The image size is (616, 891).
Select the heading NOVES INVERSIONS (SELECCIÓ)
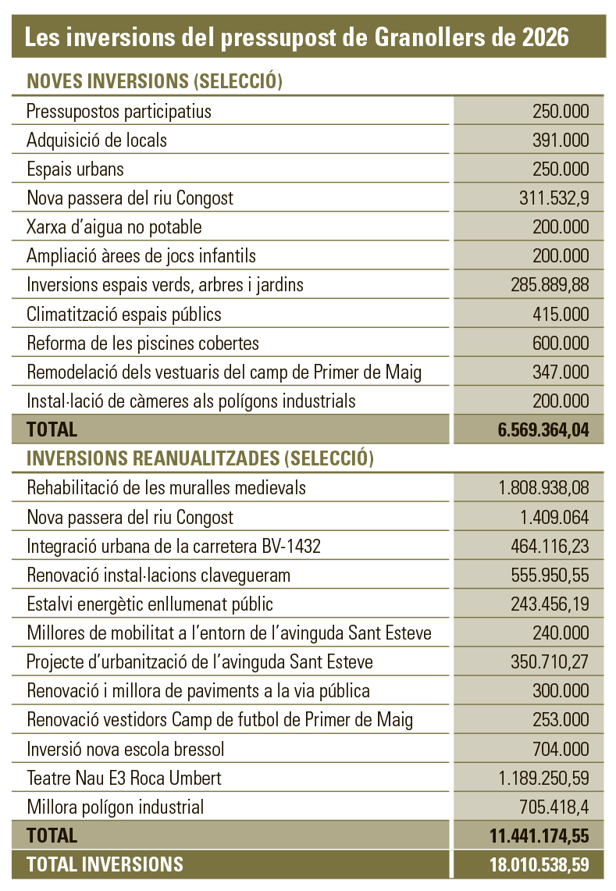154,81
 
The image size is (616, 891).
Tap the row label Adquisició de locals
97,140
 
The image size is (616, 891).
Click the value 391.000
561,140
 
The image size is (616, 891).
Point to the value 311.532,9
554,198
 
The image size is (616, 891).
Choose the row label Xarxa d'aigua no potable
114,226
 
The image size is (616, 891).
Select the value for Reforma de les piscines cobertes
561,343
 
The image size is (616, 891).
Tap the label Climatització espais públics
124,314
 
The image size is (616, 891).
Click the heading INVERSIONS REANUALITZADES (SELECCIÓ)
200,458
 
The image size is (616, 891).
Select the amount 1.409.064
550,517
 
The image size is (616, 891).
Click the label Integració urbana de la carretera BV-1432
173,546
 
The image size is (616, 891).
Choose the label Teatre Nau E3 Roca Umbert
124,778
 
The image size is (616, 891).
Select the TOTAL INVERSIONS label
105,864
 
